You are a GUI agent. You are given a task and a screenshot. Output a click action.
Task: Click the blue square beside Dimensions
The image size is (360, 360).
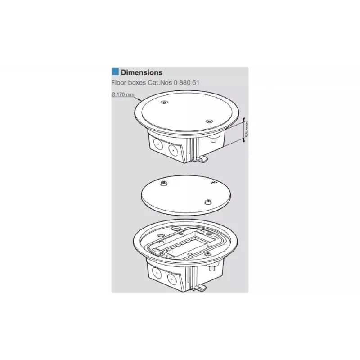point(115,72)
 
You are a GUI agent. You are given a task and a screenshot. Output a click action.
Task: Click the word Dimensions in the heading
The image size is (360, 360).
point(142,72)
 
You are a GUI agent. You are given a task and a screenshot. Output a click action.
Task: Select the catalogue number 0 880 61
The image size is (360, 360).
point(186,82)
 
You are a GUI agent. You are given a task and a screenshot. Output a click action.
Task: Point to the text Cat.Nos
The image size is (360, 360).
point(160,82)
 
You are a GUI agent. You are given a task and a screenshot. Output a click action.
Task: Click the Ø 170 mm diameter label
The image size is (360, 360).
point(123,94)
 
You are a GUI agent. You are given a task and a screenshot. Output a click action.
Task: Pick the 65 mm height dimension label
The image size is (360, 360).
point(247,129)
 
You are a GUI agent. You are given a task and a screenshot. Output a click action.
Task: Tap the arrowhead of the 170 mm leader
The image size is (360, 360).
point(140,99)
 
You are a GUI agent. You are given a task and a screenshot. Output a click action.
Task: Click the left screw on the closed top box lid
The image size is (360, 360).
point(164,103)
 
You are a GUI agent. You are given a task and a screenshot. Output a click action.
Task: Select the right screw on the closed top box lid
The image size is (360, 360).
point(209,121)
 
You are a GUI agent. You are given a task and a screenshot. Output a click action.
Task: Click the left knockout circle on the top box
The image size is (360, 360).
point(158,145)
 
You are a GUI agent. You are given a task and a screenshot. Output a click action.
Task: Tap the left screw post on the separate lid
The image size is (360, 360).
point(163,184)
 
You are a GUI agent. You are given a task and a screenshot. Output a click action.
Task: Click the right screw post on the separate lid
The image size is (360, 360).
point(208,202)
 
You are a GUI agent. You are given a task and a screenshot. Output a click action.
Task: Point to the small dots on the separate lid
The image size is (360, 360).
point(213,183)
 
